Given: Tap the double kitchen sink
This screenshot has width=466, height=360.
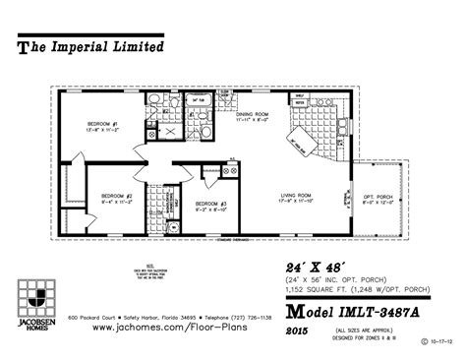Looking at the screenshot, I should (323, 106).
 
